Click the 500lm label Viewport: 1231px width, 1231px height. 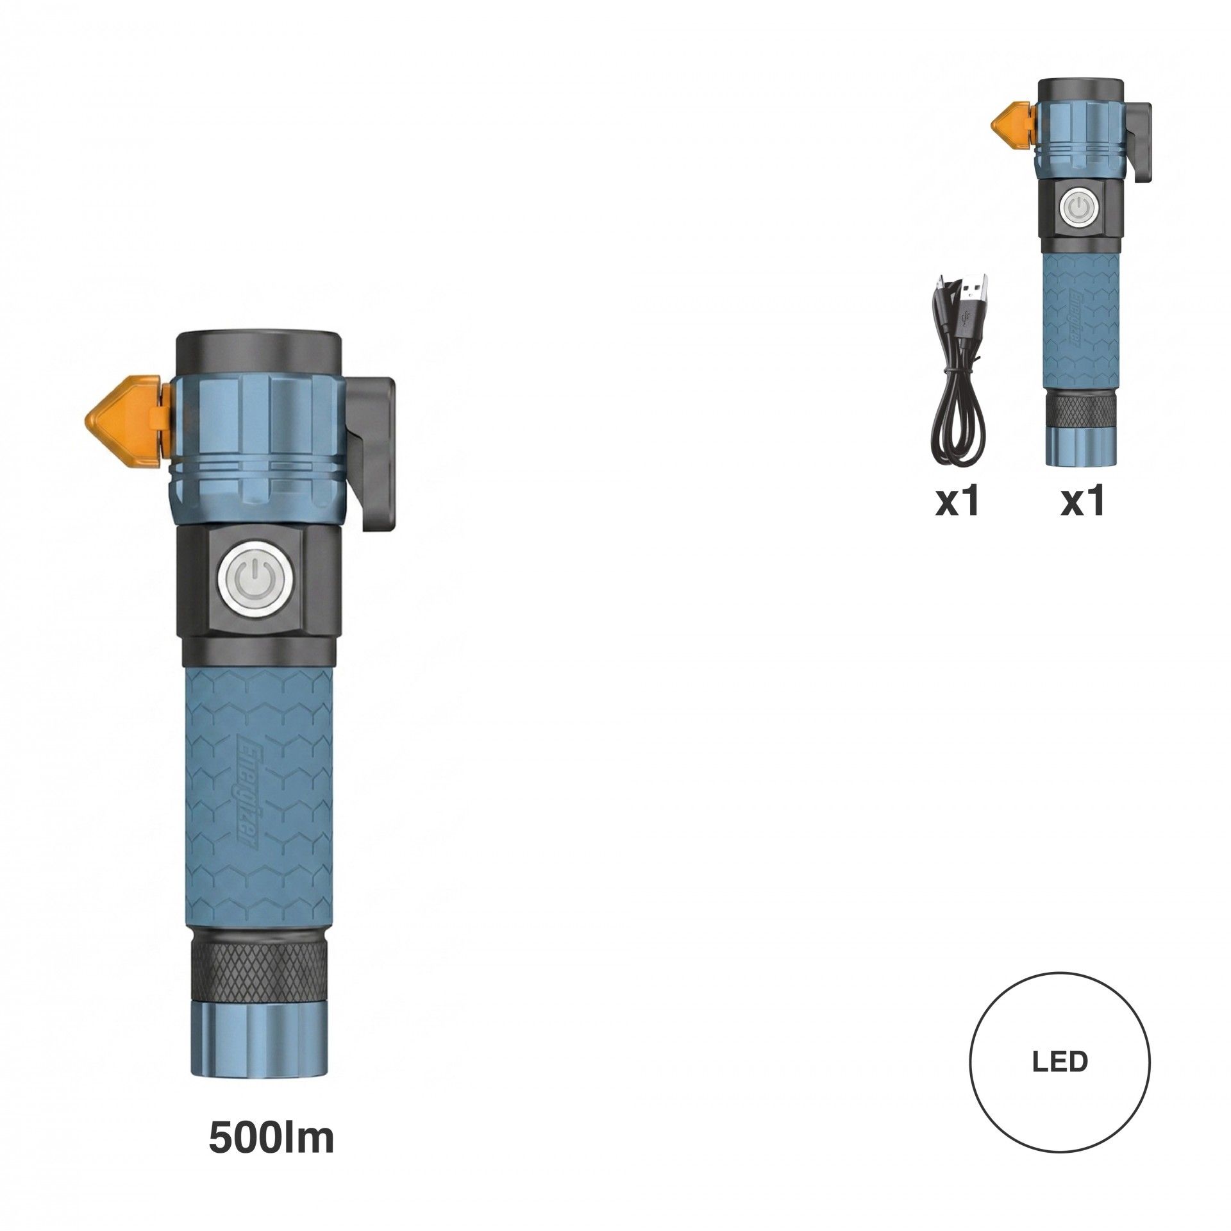tap(271, 1139)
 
